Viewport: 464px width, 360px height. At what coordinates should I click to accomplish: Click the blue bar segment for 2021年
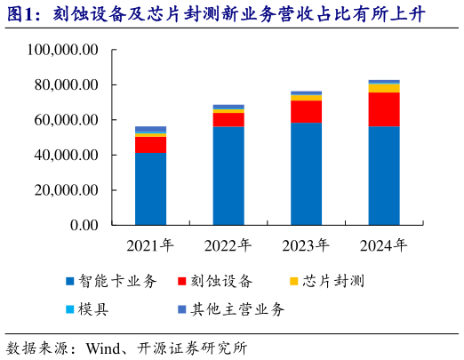[x=150, y=188]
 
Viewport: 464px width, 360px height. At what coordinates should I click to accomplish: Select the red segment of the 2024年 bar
[x=384, y=109]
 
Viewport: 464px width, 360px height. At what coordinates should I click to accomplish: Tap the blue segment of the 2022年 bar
[x=228, y=176]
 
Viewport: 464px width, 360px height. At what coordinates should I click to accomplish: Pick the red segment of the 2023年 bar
[x=307, y=111]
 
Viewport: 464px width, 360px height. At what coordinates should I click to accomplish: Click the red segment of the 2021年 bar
[x=150, y=144]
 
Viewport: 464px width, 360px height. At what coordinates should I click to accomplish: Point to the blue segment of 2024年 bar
[x=384, y=176]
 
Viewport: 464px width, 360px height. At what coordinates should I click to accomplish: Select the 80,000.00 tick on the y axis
[x=63, y=85]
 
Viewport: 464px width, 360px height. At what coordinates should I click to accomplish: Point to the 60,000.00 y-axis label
[x=63, y=120]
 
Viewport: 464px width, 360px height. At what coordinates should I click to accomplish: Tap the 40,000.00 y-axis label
[x=63, y=156]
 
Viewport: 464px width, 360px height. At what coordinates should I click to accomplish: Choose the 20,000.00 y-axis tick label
[x=63, y=190]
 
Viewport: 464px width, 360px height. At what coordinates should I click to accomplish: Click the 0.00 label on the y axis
[x=81, y=225]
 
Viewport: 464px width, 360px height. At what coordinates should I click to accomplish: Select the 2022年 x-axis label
[x=228, y=245]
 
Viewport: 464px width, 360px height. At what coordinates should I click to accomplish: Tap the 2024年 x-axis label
[x=384, y=245]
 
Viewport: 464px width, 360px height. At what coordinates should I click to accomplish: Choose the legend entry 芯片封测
[x=334, y=282]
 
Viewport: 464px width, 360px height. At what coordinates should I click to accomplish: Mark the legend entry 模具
[x=102, y=309]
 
